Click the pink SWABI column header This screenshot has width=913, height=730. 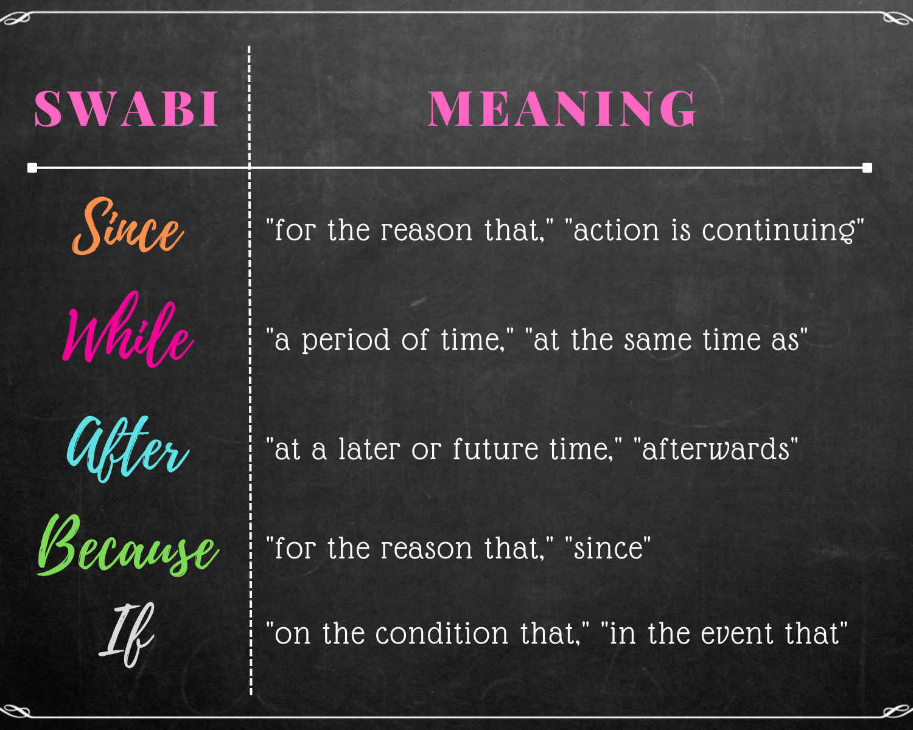[x=127, y=109]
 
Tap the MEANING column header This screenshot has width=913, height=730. [x=562, y=109]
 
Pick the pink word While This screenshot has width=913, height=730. [x=128, y=332]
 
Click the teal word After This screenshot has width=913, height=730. [x=128, y=449]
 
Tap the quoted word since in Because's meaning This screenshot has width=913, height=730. [x=608, y=549]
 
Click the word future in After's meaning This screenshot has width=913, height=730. [x=495, y=450]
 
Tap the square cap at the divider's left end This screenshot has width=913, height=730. [x=32, y=168]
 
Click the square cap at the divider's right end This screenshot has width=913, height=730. [x=867, y=168]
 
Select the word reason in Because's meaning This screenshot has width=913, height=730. [x=427, y=549]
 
